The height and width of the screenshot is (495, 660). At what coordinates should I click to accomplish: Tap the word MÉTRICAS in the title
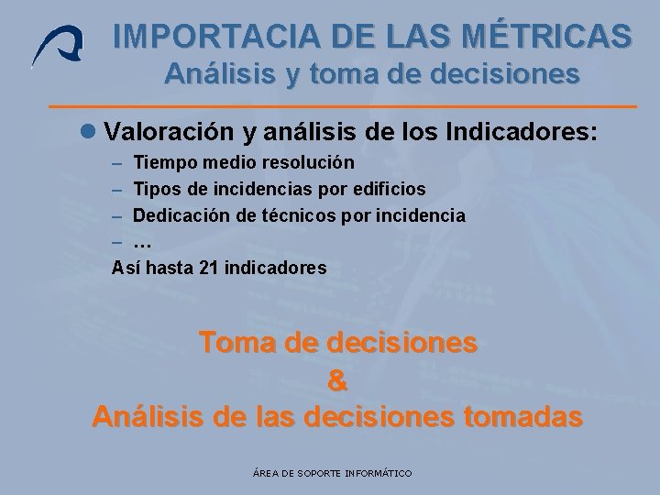[x=548, y=36]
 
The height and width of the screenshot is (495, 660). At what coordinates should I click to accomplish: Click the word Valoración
[x=170, y=132]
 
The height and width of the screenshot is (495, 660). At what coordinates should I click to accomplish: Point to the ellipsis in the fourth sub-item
[x=142, y=243]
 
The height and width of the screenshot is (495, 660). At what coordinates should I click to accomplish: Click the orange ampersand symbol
[x=336, y=379]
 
